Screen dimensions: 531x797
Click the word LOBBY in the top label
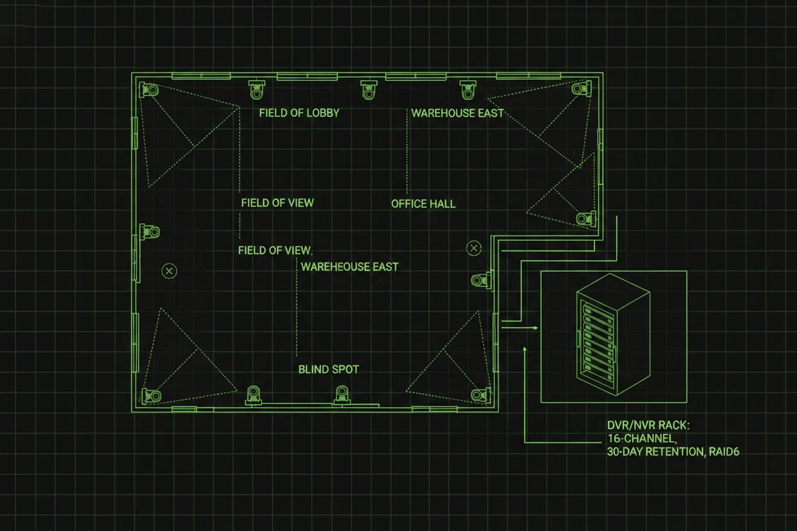click(323, 113)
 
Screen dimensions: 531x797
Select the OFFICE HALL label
click(423, 204)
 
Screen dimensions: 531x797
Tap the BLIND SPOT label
click(329, 370)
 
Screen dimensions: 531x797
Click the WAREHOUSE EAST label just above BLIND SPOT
click(349, 267)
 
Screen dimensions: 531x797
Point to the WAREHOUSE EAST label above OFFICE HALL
click(457, 113)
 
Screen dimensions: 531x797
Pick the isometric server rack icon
click(613, 336)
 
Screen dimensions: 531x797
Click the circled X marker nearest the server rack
click(474, 248)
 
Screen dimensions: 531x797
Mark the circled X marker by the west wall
click(169, 271)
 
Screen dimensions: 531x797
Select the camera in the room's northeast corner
click(581, 89)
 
